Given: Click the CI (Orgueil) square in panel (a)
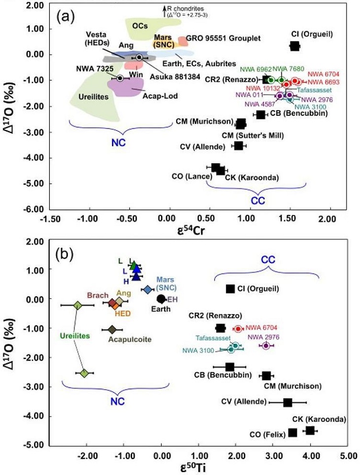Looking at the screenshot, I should click(294, 46).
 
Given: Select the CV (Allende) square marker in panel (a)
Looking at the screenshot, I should click(239, 146).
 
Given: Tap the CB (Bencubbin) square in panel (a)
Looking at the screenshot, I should click(261, 114).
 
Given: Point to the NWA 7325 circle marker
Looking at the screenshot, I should click(119, 78).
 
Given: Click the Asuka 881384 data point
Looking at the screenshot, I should click(140, 57).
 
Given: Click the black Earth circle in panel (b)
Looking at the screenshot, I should click(161, 298).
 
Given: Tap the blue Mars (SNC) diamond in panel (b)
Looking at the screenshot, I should click(147, 290).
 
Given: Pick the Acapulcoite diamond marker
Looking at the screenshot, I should click(112, 329).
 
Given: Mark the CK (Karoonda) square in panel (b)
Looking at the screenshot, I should click(310, 431).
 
